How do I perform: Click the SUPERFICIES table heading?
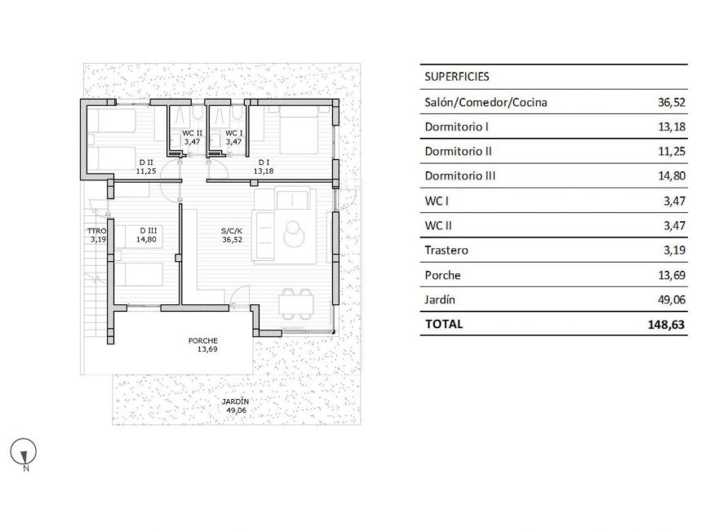point(457,77)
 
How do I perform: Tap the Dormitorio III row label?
point(460,176)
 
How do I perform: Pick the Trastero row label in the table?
point(446,250)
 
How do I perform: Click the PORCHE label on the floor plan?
point(202,341)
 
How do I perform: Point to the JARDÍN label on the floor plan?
point(236,402)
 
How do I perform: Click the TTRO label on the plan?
point(97,231)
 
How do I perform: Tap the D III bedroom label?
point(148,231)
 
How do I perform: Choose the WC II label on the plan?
point(192,133)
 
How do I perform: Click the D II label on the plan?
point(146,162)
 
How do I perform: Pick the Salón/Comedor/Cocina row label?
point(486,103)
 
